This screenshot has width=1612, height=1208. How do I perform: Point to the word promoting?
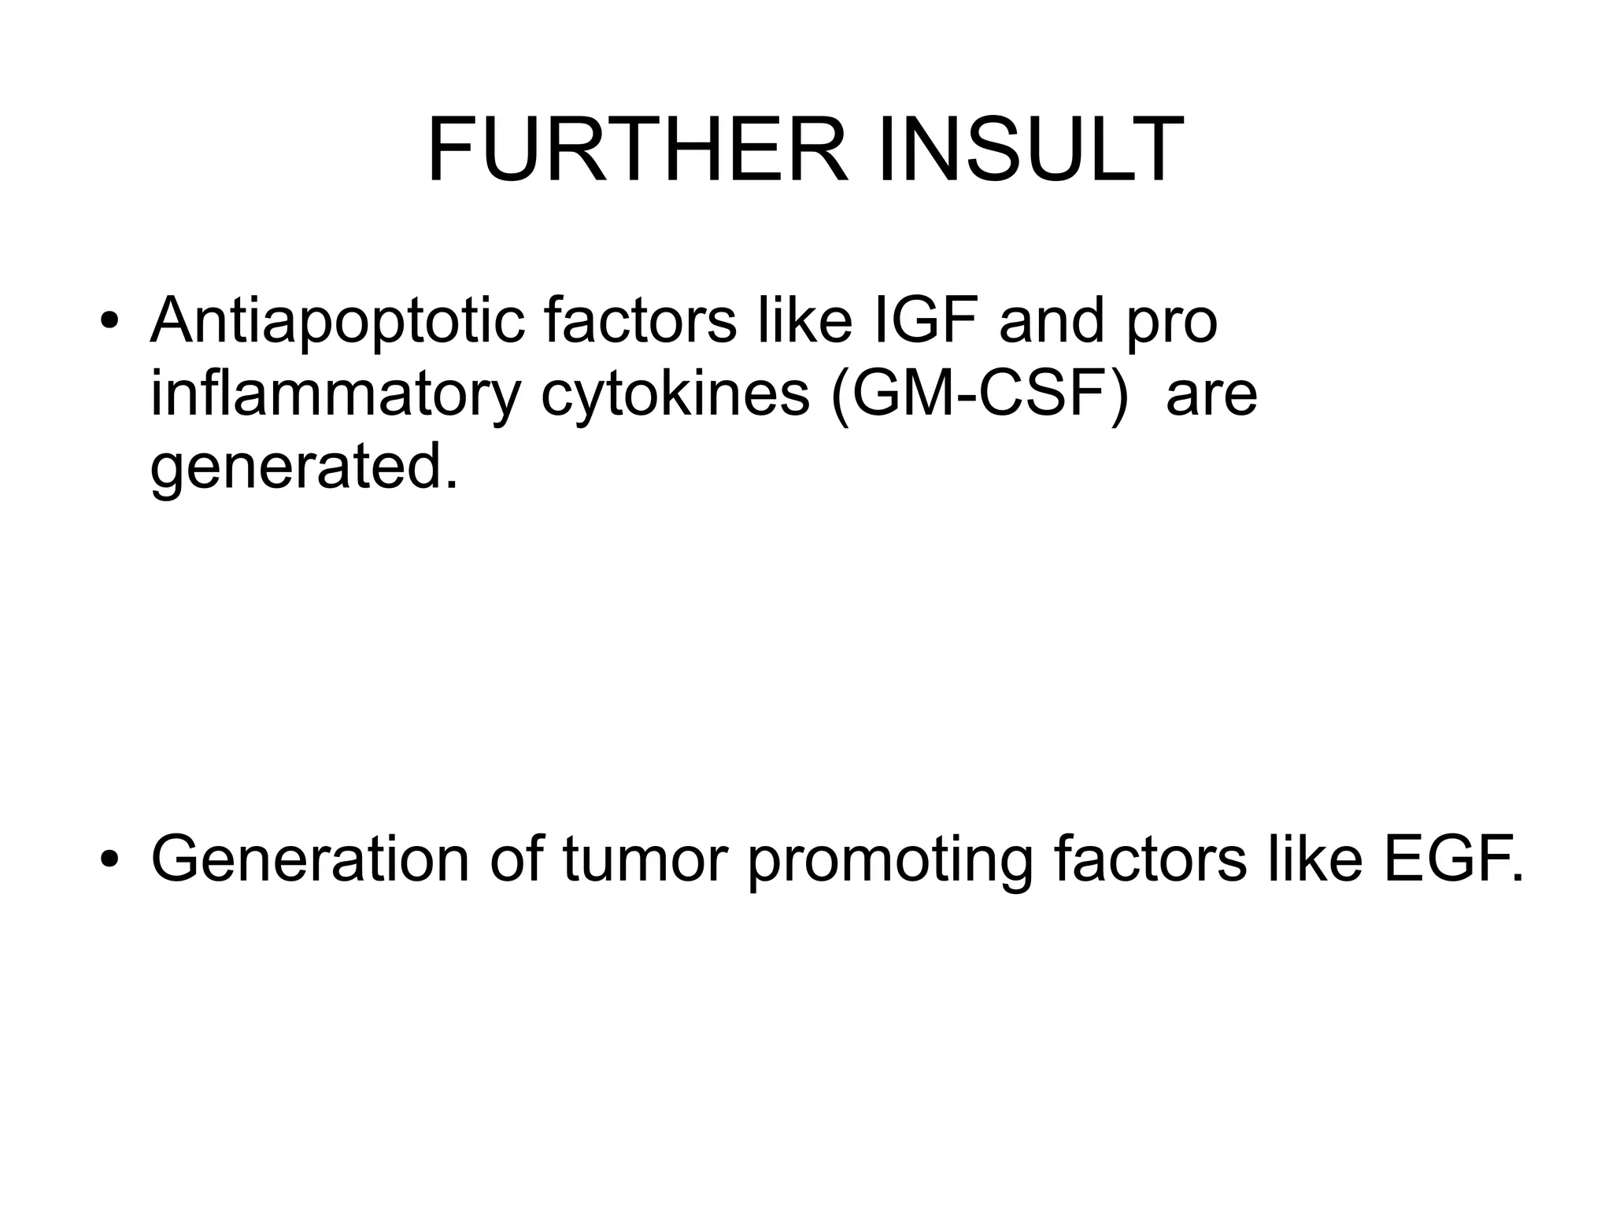pyautogui.click(x=889, y=859)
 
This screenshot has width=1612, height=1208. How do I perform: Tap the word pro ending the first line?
pyautogui.click(x=1172, y=323)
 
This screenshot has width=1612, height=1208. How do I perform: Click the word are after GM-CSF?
pyautogui.click(x=1211, y=395)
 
